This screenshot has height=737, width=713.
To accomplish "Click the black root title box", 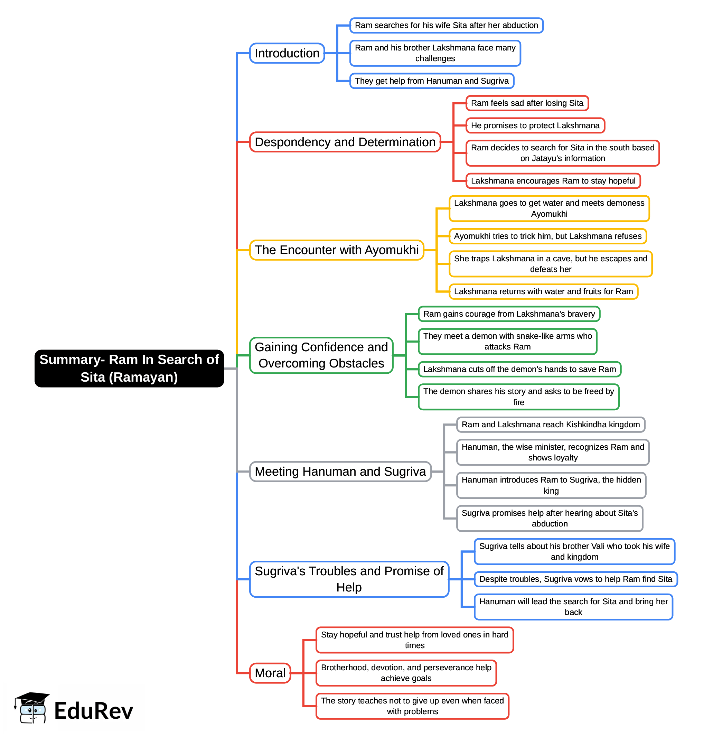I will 129,368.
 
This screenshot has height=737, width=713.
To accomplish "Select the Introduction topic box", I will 287,53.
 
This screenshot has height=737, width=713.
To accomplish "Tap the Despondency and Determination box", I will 345,142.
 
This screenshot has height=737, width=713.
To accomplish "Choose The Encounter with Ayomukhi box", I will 336,250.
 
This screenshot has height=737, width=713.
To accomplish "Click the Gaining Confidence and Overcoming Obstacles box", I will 321,355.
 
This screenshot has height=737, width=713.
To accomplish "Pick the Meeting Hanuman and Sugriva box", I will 340,471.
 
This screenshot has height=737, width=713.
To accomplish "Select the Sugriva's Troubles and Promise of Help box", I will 349,579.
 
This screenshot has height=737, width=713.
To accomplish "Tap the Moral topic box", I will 270,673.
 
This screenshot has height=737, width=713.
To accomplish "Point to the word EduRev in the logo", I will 94,711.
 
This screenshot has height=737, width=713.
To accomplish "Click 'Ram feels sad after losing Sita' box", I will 527,103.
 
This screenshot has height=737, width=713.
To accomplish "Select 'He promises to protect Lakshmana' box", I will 535,125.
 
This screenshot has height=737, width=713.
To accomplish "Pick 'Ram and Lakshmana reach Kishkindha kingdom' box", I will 550,425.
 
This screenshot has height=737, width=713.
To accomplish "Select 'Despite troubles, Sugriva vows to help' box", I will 575,579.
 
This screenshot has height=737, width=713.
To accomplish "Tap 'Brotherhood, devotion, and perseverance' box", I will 406,673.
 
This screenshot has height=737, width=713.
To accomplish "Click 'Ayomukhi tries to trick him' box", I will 547,236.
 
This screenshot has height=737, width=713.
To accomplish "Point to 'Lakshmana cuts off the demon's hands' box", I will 519,369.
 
